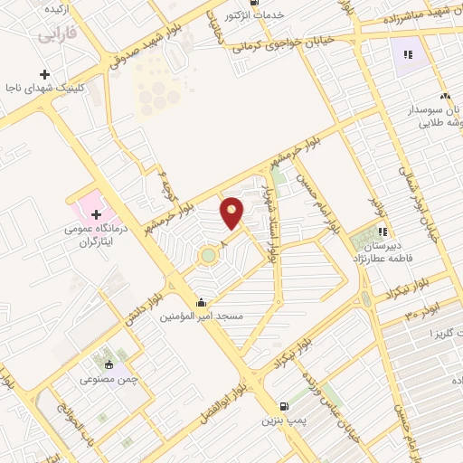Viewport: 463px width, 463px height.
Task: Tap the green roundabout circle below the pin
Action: (x=210, y=255)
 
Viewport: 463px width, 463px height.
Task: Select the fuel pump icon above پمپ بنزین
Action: (x=286, y=407)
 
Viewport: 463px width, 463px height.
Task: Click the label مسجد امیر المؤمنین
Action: (x=201, y=317)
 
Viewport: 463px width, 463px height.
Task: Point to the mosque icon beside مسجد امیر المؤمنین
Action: (x=201, y=303)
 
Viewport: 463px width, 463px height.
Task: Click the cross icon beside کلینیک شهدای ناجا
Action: (x=44, y=74)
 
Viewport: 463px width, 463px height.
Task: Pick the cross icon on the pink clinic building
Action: (x=97, y=213)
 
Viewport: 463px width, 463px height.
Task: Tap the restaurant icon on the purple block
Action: (x=407, y=55)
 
